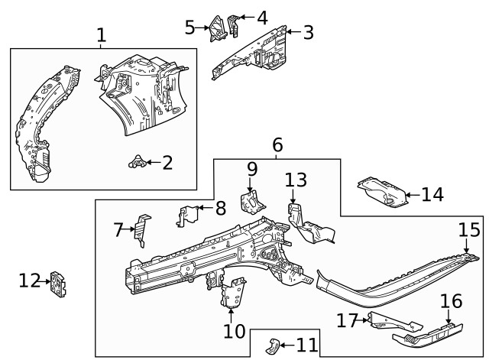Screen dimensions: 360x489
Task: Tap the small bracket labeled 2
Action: [x=137, y=161]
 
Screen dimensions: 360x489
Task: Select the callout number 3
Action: [x=308, y=32]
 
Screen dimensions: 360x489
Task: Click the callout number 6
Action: [x=277, y=144]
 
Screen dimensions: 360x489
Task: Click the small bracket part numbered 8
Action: [x=185, y=216]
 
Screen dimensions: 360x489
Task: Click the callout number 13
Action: [x=296, y=180]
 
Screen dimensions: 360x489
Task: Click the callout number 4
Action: [x=262, y=17]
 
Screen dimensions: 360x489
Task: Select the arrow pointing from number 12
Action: [x=46, y=281]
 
